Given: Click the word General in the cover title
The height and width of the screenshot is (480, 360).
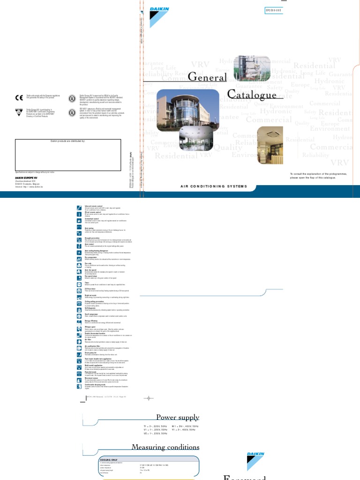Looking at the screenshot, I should (x=208, y=76).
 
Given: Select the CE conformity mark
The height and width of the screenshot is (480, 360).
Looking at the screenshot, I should (x=19, y=97).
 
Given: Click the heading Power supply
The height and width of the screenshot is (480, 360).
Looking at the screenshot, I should (x=178, y=417).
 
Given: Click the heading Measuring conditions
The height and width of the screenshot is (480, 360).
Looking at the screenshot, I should (x=165, y=447).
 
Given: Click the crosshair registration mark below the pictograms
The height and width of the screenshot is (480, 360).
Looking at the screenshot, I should (x=149, y=398).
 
